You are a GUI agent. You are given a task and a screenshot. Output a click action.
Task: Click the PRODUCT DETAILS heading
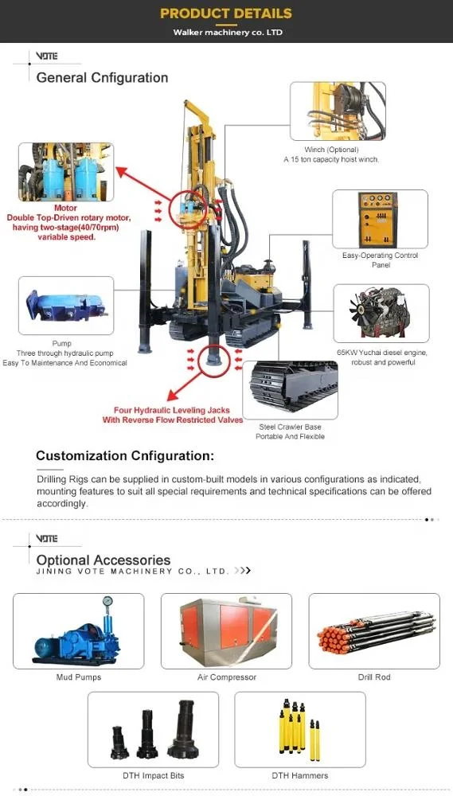[x=226, y=14]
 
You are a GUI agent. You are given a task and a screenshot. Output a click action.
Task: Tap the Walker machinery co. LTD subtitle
[x=228, y=33]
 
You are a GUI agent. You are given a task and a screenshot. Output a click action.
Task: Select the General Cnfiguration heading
[x=102, y=77]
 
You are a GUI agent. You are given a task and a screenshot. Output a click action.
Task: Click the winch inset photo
[x=338, y=111]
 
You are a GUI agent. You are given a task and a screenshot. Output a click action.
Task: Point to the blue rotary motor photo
[x=66, y=173]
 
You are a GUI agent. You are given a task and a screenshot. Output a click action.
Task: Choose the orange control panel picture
[x=380, y=220]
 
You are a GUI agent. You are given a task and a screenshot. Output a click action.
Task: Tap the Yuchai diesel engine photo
[x=381, y=314]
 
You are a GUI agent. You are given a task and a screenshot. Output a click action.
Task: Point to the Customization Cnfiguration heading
[x=125, y=456]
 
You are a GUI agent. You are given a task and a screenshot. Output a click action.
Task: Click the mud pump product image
[x=79, y=630]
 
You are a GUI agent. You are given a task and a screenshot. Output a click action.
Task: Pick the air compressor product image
[x=226, y=630]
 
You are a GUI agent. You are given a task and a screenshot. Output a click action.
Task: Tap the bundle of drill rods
[x=374, y=630]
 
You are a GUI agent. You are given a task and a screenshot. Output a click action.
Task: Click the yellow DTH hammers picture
[x=300, y=728]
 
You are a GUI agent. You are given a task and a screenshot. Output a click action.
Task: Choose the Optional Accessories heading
[x=103, y=560]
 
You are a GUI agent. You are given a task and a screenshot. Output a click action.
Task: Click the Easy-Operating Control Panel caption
[x=380, y=260]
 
